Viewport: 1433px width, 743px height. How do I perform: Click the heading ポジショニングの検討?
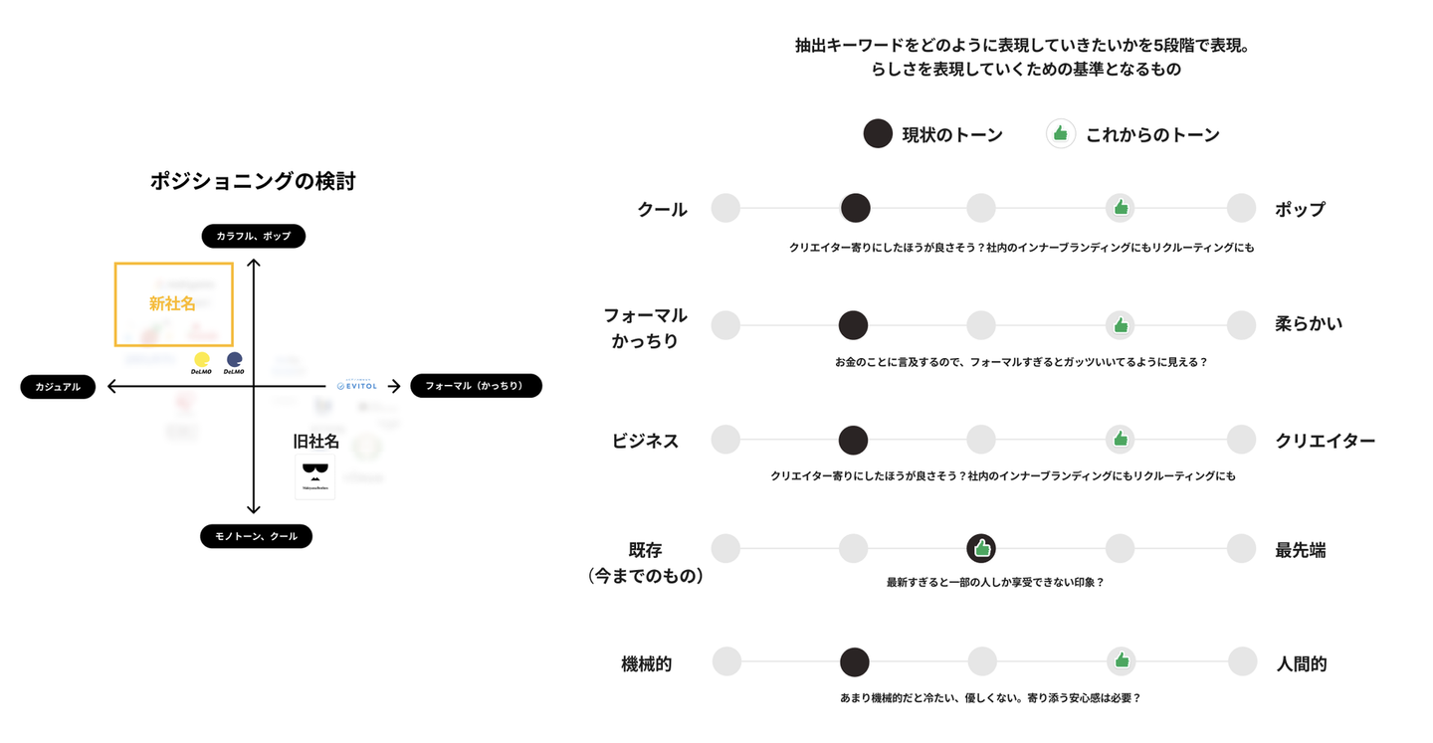[253, 181]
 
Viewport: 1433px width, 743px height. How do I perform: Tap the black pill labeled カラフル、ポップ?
[253, 236]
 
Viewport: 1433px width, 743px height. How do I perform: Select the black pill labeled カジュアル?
[58, 387]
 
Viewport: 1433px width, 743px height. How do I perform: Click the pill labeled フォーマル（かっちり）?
[476, 386]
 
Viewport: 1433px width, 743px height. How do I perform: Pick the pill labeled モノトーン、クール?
[256, 536]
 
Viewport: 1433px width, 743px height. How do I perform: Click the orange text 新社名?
[172, 303]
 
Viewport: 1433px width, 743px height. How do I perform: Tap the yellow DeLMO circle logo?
[201, 360]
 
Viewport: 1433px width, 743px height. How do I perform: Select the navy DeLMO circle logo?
[235, 360]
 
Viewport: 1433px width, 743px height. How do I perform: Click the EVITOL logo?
[357, 386]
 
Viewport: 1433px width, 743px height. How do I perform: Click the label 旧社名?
[315, 441]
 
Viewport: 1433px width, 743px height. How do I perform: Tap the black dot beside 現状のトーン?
[878, 134]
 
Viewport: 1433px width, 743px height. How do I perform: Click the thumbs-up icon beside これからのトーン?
[1061, 134]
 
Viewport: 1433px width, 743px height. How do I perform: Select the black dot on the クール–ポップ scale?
[855, 208]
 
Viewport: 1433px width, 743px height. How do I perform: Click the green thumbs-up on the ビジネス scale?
[1121, 439]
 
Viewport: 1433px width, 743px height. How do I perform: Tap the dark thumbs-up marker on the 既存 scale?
[981, 548]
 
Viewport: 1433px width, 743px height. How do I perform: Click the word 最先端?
[1301, 550]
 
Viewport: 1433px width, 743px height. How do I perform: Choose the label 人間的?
[1301, 663]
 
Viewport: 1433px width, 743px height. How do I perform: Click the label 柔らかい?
[1309, 323]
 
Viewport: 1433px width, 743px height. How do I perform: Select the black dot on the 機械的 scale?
[854, 662]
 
